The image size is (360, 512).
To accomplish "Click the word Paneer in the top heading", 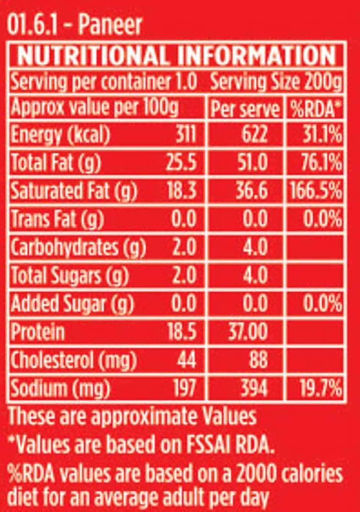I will [110, 25].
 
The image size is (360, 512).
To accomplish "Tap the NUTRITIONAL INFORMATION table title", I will [177, 56].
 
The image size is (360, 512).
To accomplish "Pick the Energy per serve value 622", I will [255, 135].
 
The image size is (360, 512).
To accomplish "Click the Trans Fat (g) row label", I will [57, 219].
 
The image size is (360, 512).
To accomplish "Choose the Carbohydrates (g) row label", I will [78, 247].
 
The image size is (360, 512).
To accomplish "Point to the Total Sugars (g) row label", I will [69, 275].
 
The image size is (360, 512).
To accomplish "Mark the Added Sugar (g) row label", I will [72, 304].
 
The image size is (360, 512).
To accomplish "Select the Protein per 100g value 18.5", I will [182, 331].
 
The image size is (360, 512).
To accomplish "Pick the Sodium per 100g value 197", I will [186, 388].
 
